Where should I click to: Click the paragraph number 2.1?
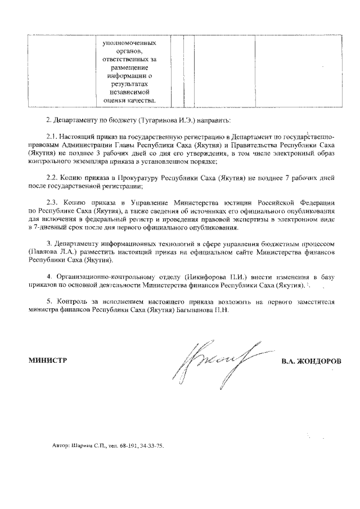52,136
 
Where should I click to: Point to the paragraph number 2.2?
52,177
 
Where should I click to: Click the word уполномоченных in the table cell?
129,43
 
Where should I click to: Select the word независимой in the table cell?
129,91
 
